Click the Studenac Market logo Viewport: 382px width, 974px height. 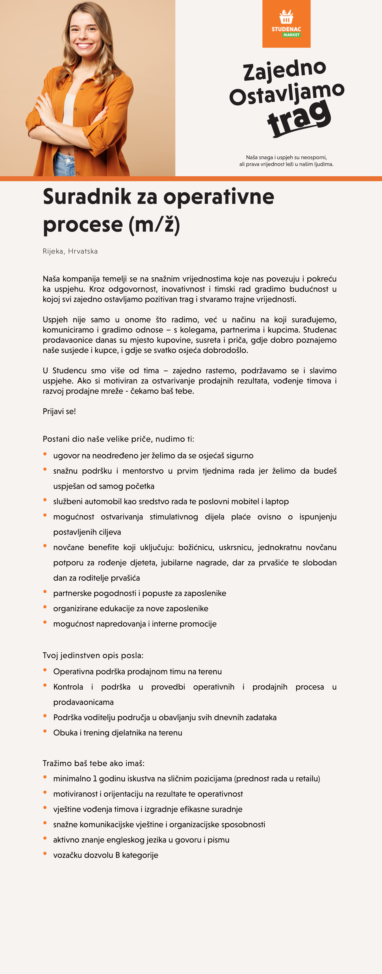click(286, 24)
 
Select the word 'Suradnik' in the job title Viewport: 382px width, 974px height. click(87, 197)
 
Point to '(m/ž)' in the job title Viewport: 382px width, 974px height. click(154, 225)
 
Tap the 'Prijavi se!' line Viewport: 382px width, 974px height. click(59, 411)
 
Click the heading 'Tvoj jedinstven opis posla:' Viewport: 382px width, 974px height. click(93, 655)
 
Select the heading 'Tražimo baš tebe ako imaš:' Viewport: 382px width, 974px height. click(94, 763)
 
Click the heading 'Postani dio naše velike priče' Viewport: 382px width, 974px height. click(118, 439)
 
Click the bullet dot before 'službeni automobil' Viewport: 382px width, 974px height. click(45, 500)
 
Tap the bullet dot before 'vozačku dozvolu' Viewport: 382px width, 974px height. click(45, 853)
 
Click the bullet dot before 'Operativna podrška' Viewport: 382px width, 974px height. click(45, 670)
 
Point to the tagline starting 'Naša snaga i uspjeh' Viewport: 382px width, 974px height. click(286, 161)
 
